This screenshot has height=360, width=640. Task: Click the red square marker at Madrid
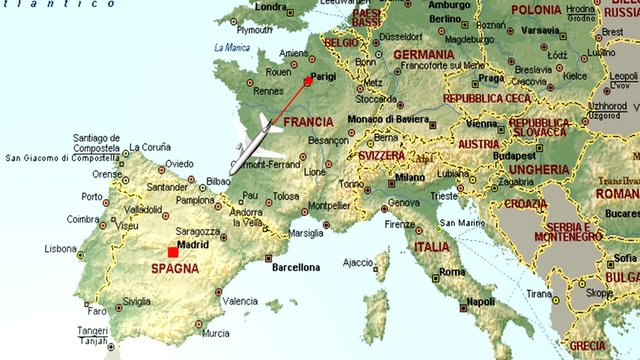[x=173, y=252]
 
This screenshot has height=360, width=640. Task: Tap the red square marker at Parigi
[x=308, y=82]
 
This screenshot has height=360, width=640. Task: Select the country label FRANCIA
[x=308, y=122]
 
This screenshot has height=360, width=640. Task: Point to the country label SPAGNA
[x=175, y=269]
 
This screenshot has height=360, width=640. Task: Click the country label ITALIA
[x=432, y=247]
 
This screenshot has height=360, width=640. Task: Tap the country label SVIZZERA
[x=382, y=157]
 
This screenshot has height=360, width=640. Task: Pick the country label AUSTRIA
[x=478, y=144]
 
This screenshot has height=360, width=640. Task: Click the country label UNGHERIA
[x=540, y=170]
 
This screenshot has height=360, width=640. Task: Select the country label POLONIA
[x=537, y=9]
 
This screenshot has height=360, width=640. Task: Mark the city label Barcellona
[x=296, y=267]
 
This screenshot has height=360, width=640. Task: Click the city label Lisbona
[x=60, y=248]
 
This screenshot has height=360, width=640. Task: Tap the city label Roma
[x=452, y=272]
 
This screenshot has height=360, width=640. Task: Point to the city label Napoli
[x=481, y=301]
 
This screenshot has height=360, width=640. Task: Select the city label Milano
[x=410, y=177]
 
